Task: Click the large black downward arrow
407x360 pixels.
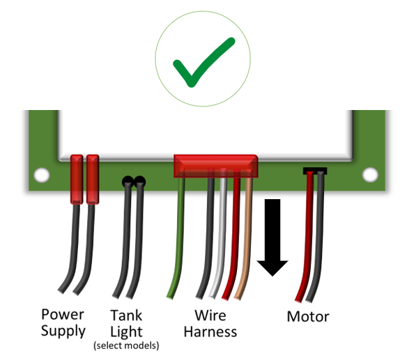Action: coord(272,237)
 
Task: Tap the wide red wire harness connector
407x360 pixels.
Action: coord(215,166)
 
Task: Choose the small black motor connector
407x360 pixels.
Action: coord(314,171)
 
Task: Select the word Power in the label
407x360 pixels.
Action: coord(63,314)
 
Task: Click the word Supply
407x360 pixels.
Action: coord(63,331)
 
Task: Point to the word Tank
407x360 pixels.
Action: coord(126,314)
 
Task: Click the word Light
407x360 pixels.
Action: coord(126,331)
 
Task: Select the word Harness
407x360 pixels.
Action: coord(210,331)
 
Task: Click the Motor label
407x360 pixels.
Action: coord(308,317)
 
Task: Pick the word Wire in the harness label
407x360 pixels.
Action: coord(210,315)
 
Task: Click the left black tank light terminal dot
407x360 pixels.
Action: coord(128,182)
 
